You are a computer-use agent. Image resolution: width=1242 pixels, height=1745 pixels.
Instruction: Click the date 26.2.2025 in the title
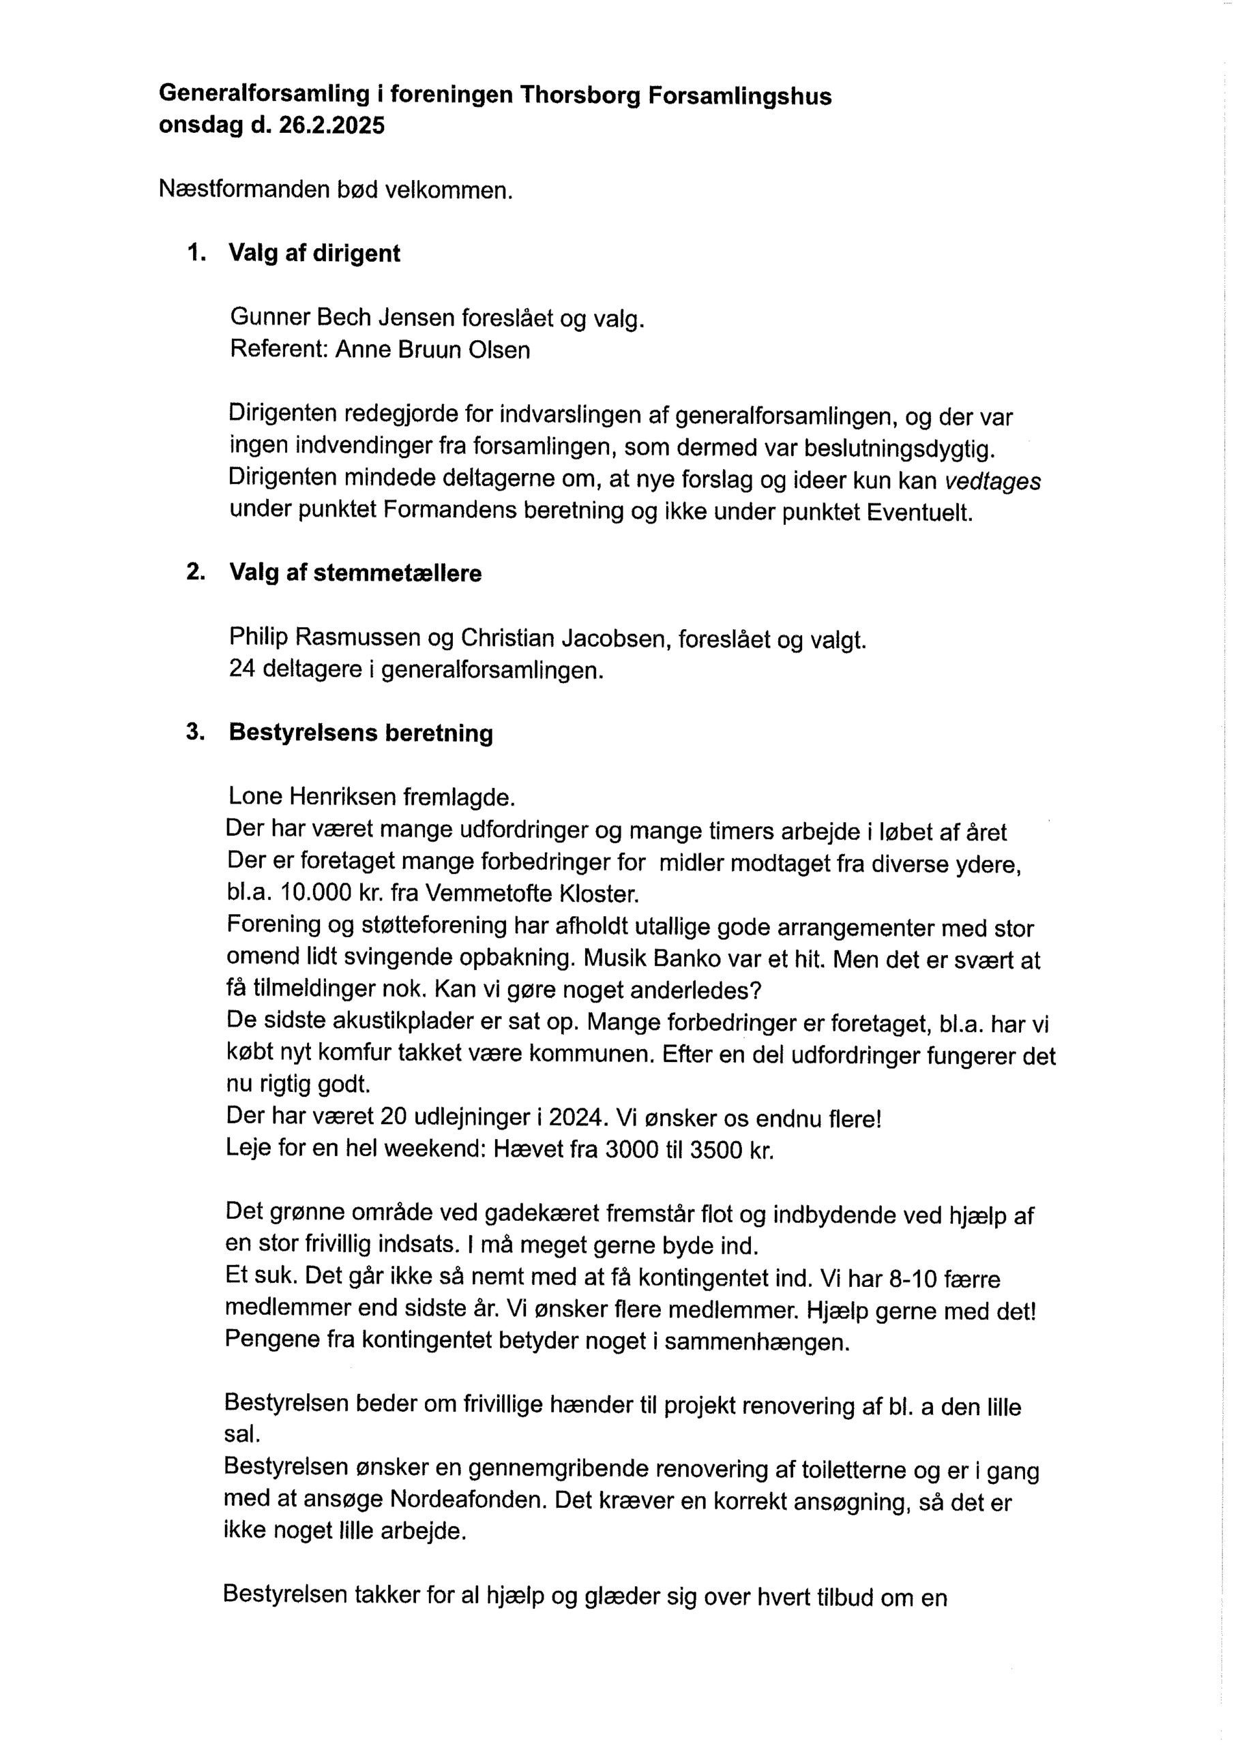coord(331,125)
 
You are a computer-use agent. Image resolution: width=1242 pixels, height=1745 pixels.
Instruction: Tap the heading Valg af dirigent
coord(314,253)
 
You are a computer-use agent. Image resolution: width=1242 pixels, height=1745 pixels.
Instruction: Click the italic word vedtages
coord(992,481)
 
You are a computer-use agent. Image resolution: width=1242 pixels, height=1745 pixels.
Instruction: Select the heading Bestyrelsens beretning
coord(361,732)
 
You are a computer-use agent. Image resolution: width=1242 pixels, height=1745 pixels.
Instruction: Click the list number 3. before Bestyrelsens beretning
coord(195,731)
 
